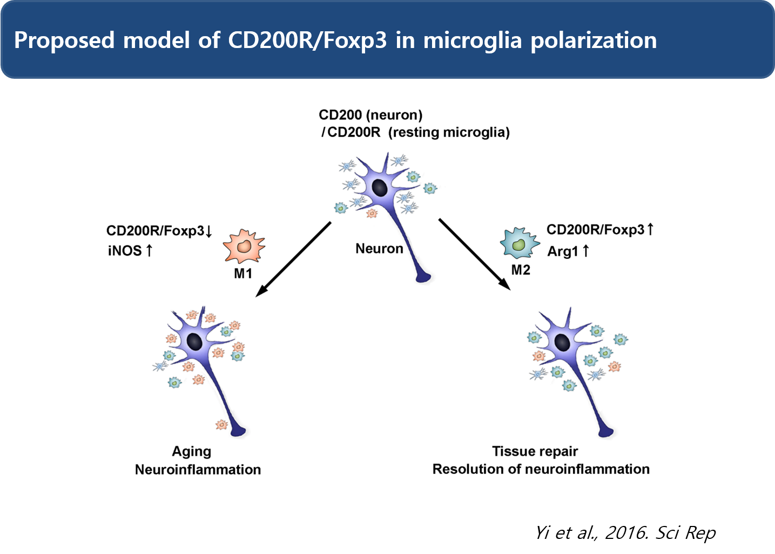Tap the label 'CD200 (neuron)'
(x=370, y=115)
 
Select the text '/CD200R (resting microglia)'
(x=415, y=133)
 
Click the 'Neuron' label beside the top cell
(x=379, y=249)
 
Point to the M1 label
(x=243, y=274)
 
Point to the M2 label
(x=521, y=270)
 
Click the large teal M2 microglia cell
(x=519, y=243)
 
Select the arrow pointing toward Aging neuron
(x=293, y=259)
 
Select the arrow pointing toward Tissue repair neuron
(x=474, y=254)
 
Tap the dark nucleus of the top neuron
(x=380, y=188)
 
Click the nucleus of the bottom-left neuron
(x=194, y=341)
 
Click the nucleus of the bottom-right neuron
(x=562, y=342)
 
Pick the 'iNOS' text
(x=125, y=251)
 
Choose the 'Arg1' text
(x=562, y=251)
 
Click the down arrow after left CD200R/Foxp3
(x=209, y=231)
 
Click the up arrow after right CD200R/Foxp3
(x=650, y=230)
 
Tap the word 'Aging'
(x=191, y=452)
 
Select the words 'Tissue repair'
(x=535, y=452)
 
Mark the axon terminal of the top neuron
(x=424, y=277)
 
